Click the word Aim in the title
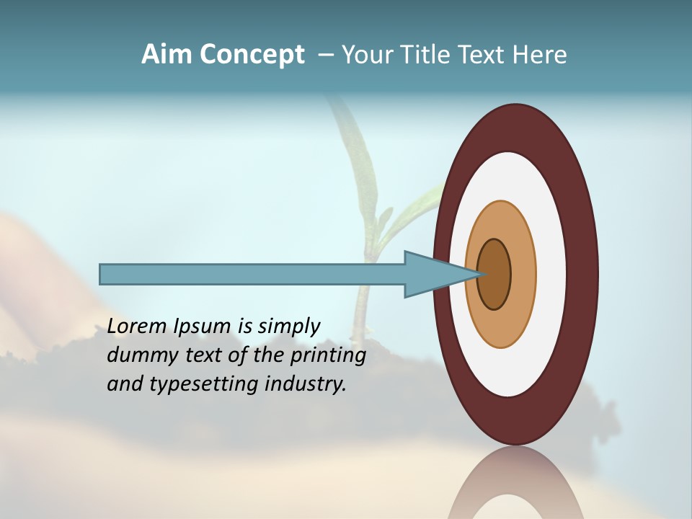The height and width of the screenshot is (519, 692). click(x=167, y=55)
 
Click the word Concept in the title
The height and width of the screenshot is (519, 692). click(x=252, y=55)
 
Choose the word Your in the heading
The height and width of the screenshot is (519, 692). click(x=368, y=55)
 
